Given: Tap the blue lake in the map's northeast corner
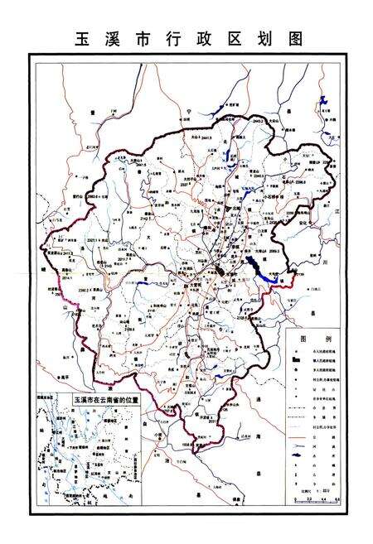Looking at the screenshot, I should [x=324, y=102].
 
